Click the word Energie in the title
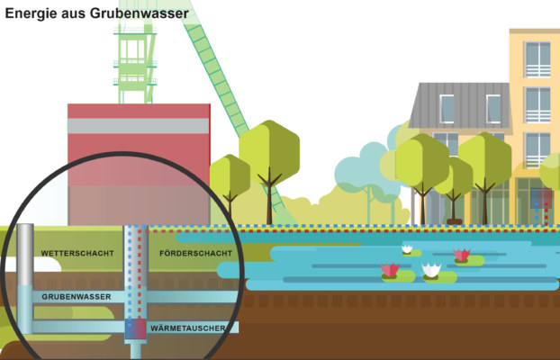click(32, 13)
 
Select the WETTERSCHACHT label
click(77, 254)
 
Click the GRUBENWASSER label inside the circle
click(77, 296)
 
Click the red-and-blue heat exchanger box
click(134, 329)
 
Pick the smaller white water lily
click(407, 248)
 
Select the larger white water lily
click(432, 269)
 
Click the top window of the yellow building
click(537, 59)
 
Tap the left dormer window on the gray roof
click(447, 109)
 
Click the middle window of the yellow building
click(537, 104)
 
